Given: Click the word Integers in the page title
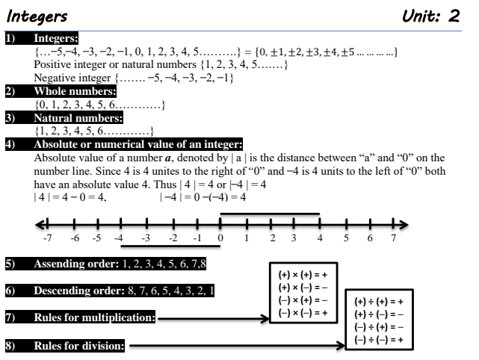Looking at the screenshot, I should pos(37,15).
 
